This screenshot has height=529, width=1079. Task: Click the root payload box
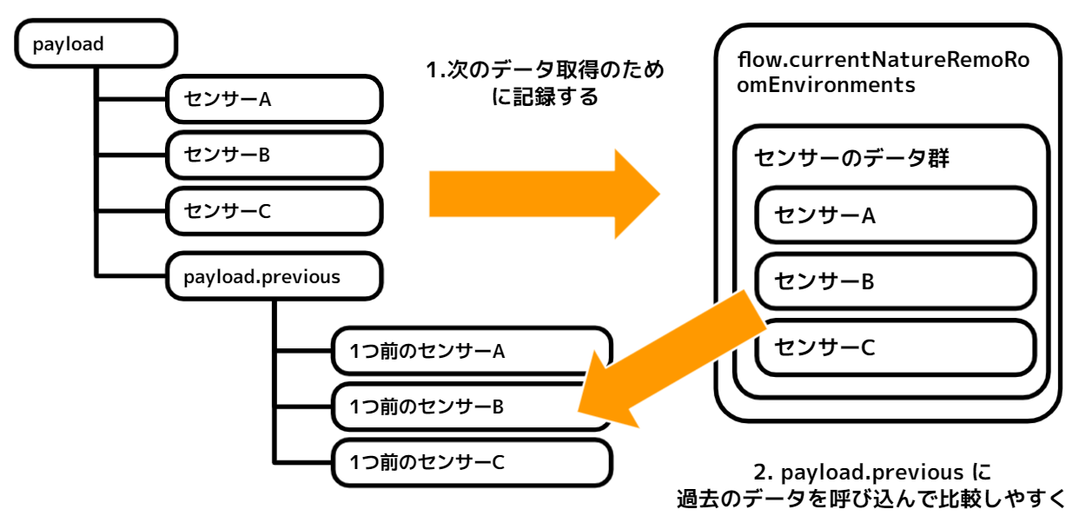[x=96, y=43]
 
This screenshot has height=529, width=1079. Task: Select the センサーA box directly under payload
[x=274, y=99]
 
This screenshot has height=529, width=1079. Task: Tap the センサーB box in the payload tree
[x=274, y=155]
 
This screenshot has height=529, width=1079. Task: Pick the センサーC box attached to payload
[x=274, y=210]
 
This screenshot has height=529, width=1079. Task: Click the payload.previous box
[x=274, y=276]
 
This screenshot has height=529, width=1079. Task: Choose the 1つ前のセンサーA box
[x=471, y=351]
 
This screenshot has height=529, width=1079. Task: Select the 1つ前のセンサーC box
[x=471, y=461]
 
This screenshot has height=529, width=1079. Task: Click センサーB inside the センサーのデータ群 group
[x=895, y=281]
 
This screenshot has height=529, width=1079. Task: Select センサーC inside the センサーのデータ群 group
[x=895, y=347]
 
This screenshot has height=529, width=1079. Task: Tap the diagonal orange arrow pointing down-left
[x=669, y=360]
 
